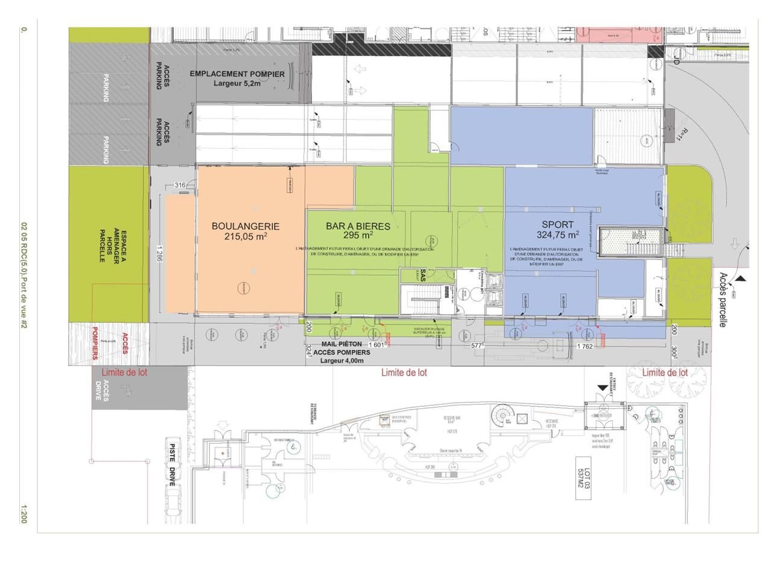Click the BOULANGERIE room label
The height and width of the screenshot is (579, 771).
pos(245,226)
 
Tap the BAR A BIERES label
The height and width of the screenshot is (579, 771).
pos(358,226)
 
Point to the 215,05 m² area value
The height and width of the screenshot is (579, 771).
pos(245,237)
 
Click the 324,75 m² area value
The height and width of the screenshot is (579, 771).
pos(558,235)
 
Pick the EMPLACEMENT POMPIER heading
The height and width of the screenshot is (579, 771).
pos(237,74)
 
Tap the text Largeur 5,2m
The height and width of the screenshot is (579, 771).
pos(237,84)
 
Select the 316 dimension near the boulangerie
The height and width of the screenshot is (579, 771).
pos(179,185)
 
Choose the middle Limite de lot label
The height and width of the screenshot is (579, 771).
pos(404,373)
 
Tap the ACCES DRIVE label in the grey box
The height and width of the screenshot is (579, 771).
pos(106,391)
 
